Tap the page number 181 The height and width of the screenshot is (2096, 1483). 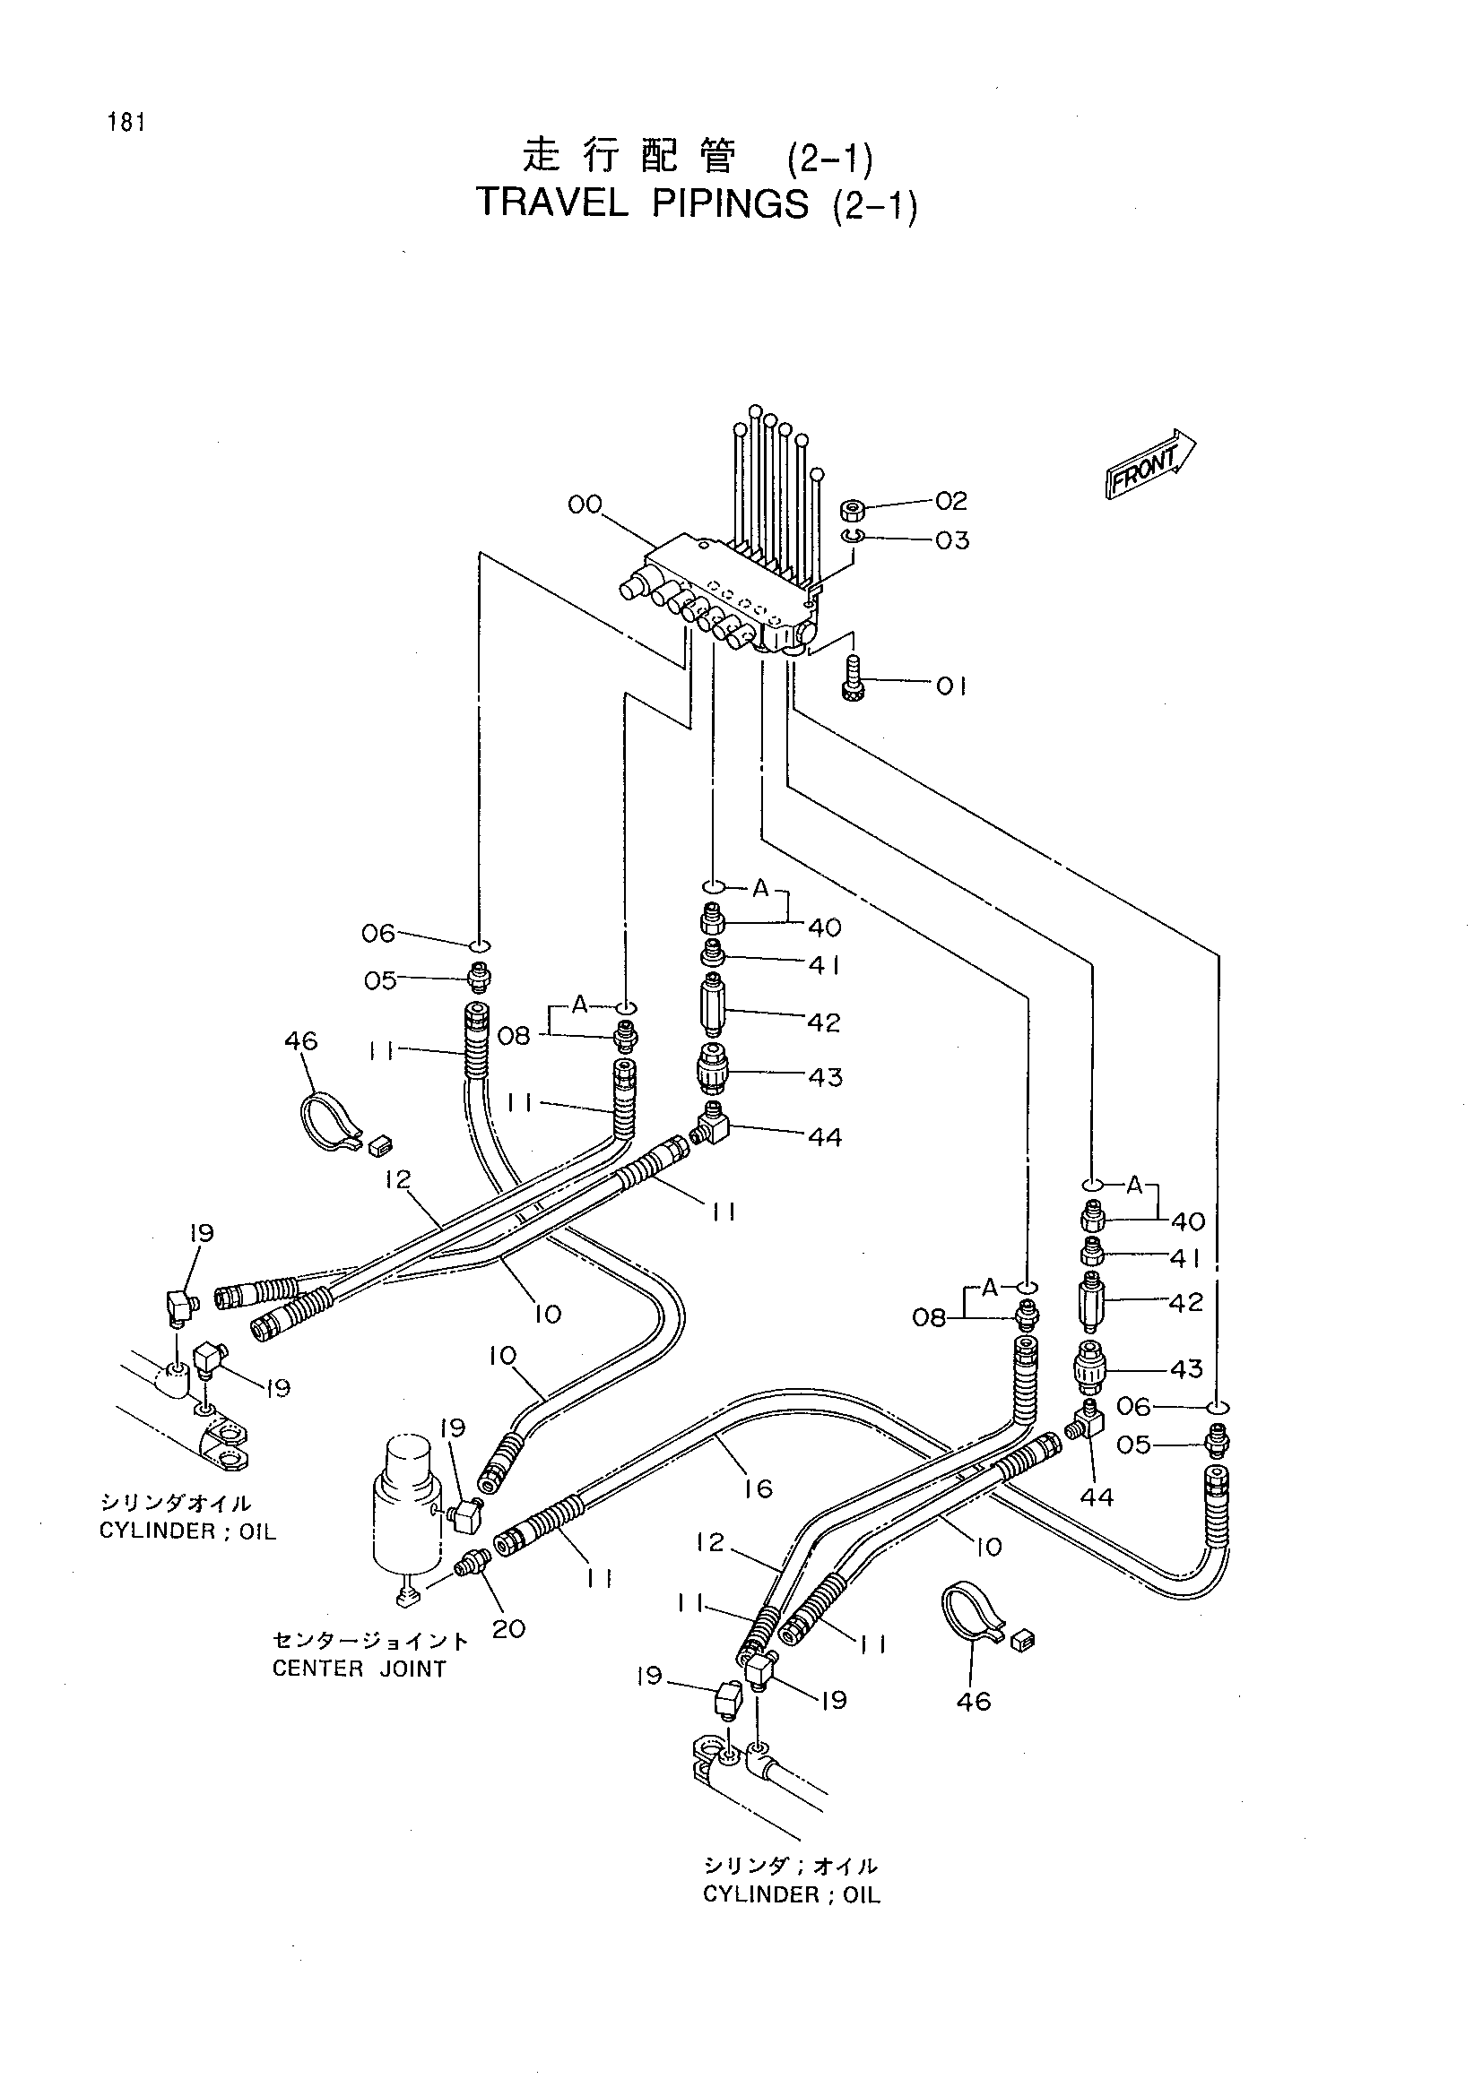click(x=126, y=123)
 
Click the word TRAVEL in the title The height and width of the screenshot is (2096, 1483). click(x=552, y=203)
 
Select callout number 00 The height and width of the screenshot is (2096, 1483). click(x=585, y=504)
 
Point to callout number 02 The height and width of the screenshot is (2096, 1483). click(x=950, y=500)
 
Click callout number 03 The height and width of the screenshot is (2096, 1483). click(x=951, y=540)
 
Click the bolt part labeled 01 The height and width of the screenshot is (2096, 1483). click(x=853, y=679)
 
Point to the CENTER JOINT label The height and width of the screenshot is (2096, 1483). click(x=359, y=1669)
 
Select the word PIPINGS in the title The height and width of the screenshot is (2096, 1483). click(x=731, y=204)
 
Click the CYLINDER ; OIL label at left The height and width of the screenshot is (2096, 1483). click(x=188, y=1531)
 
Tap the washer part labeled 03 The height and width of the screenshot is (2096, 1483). click(x=853, y=536)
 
